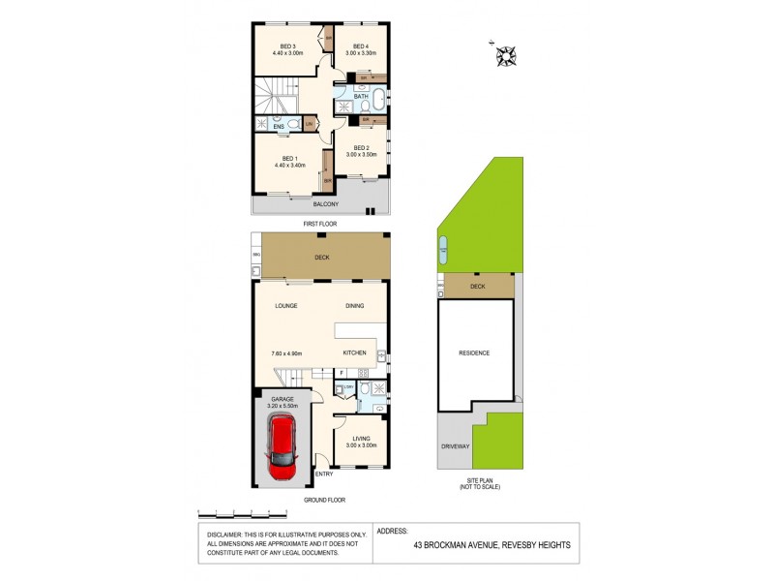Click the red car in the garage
point(283,448)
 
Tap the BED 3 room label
point(287,46)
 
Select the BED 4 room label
point(361,46)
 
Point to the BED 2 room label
point(361,148)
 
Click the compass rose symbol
point(506,57)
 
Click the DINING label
point(355,306)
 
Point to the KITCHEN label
point(354,353)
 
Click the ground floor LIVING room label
point(362,440)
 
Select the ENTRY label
point(324,474)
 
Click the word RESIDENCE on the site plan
point(474,353)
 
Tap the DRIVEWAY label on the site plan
point(455,446)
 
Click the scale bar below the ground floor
point(242,511)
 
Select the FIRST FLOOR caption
point(319,224)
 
